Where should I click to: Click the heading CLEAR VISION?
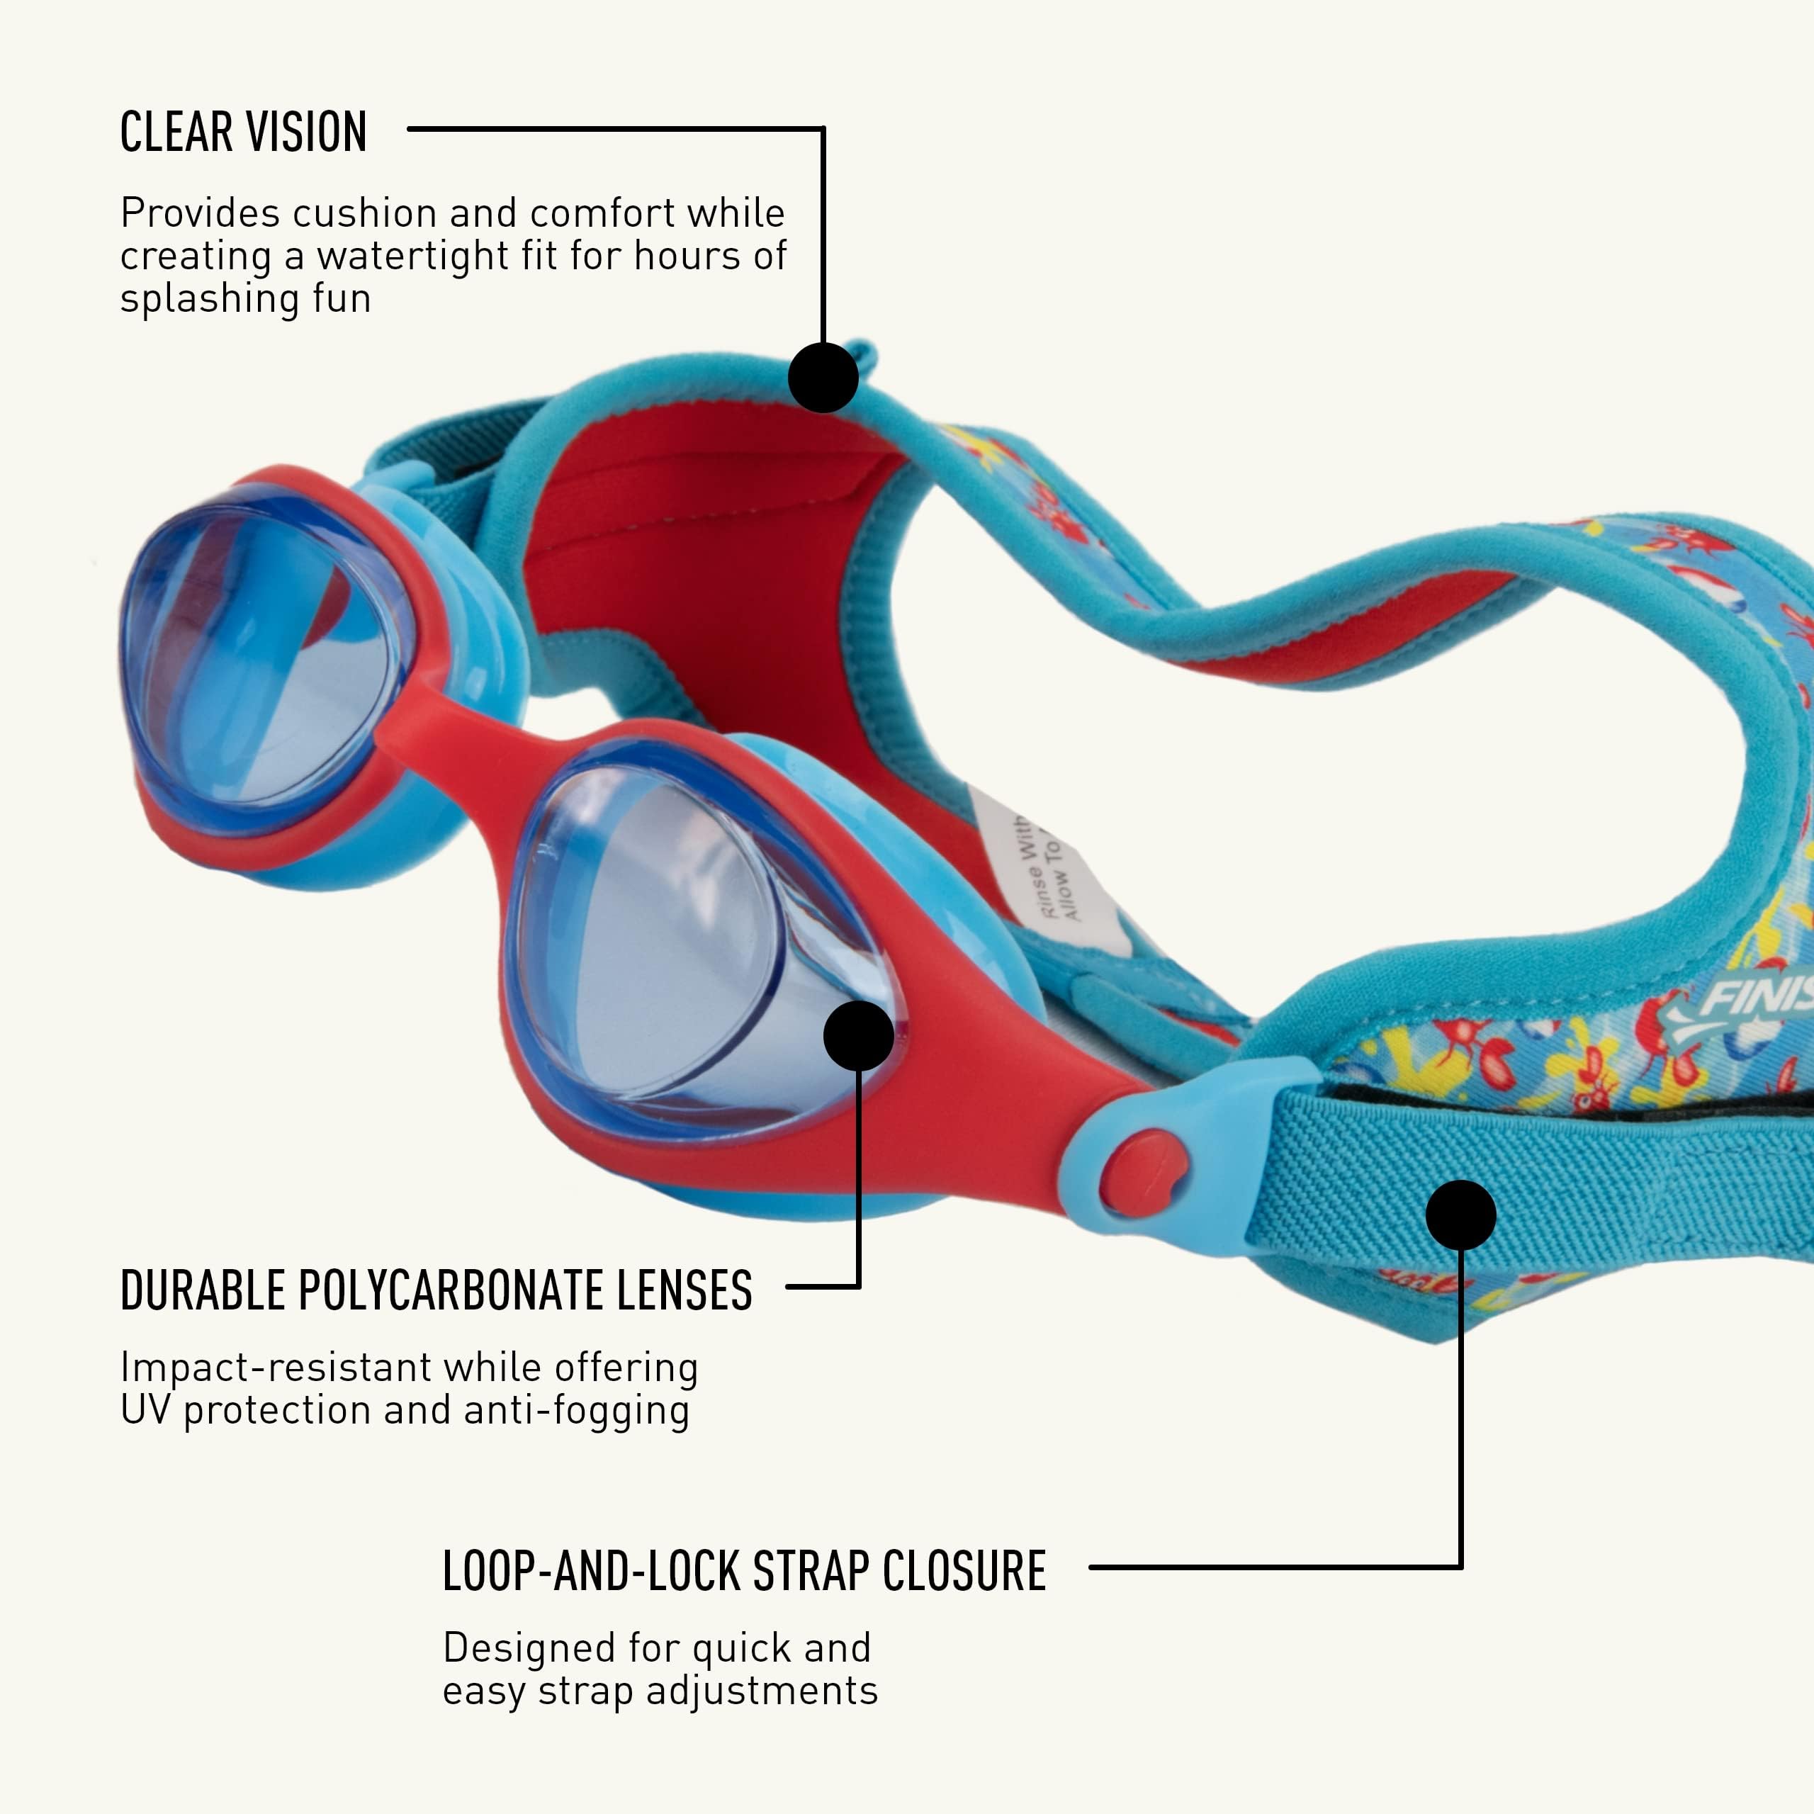tap(243, 133)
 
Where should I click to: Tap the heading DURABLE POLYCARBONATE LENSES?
tap(436, 1291)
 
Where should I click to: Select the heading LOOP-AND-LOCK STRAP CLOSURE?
tap(743, 1572)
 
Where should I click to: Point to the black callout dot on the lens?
tap(858, 1036)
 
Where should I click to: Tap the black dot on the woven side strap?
tap(1460, 1215)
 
